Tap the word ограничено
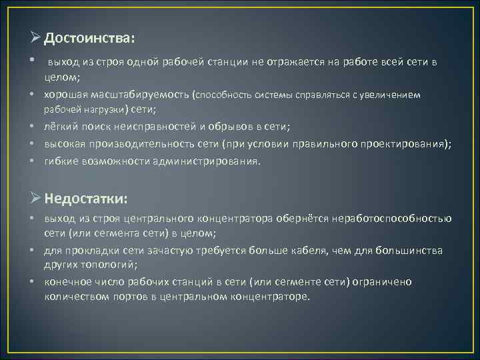pos(382,282)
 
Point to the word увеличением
pos(390,95)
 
